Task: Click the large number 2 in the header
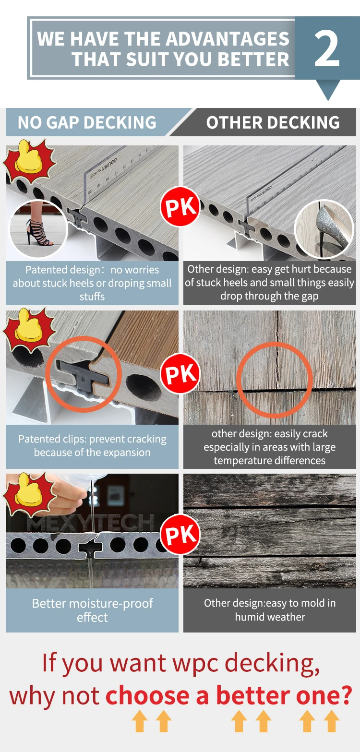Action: pyautogui.click(x=326, y=49)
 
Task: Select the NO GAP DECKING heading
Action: pyautogui.click(x=87, y=122)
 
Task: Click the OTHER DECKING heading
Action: pyautogui.click(x=273, y=122)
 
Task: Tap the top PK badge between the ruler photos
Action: pyautogui.click(x=180, y=207)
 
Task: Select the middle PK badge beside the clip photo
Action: pyautogui.click(x=180, y=374)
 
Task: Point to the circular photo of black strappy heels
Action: pyautogui.click(x=38, y=229)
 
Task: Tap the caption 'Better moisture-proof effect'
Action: pyautogui.click(x=92, y=610)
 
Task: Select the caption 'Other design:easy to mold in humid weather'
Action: pyautogui.click(x=270, y=610)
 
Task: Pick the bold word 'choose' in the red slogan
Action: pyautogui.click(x=148, y=695)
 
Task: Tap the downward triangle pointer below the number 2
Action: pyautogui.click(x=328, y=89)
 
